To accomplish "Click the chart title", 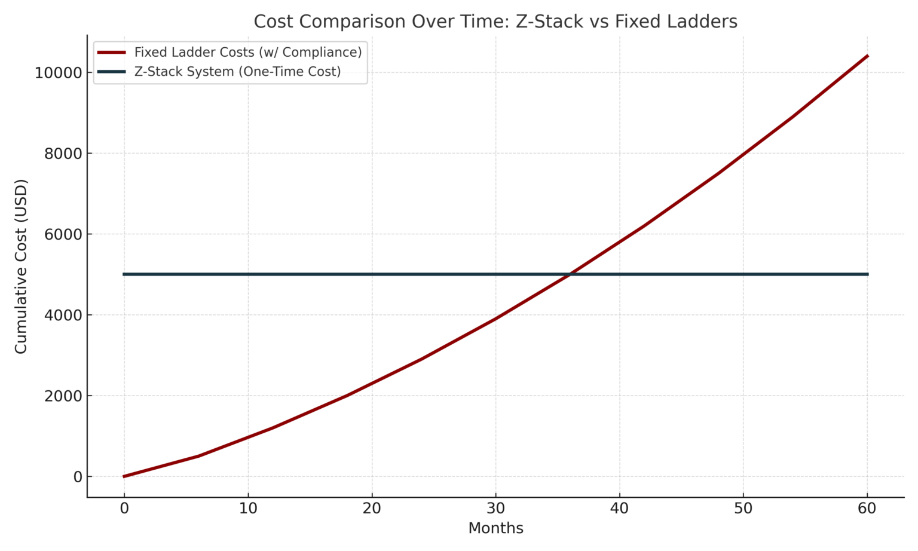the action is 495,22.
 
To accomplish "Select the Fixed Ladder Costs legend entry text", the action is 249,53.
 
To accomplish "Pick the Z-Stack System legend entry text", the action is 238,72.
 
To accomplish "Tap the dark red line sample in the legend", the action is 112,53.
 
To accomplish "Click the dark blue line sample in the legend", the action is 112,72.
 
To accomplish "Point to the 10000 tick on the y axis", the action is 58,73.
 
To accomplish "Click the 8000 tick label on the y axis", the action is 63,154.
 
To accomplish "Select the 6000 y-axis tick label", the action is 63,234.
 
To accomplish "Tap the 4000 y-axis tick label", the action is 63,315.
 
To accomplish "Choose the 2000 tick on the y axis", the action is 63,396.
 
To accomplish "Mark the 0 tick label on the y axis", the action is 78,477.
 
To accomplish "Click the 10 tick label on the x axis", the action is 248,509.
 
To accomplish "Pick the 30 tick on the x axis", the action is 495,509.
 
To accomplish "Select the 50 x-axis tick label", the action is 743,509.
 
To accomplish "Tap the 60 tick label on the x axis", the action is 867,509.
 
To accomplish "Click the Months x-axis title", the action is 495,528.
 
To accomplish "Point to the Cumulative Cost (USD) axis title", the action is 20,267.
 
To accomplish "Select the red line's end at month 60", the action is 867,56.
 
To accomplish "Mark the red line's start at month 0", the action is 124,476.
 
